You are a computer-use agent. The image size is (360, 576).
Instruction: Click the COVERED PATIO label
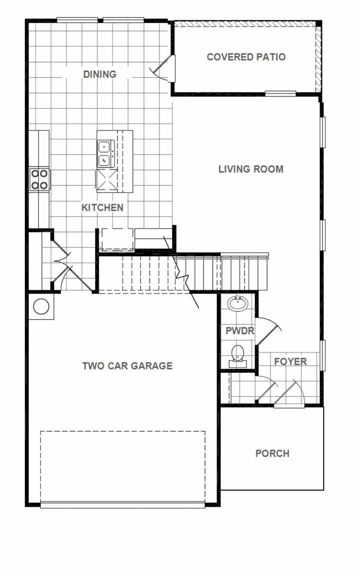coord(246,57)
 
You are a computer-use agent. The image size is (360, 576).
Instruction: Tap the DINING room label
coord(99,74)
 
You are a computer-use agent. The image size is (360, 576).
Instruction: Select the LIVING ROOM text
coord(250,169)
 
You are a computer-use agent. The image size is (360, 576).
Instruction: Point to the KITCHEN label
coord(102,207)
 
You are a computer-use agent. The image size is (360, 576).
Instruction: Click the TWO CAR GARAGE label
coord(127,366)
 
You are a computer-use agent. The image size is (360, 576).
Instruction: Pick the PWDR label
coord(239,331)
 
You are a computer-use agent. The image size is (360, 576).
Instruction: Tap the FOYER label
coord(290,361)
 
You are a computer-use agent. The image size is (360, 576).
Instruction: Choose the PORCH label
coord(272,453)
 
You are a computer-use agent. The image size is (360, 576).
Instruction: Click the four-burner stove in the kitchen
coord(39,179)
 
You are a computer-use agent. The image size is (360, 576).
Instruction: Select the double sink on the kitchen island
coord(104,153)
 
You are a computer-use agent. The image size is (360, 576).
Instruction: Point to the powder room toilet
coord(237,353)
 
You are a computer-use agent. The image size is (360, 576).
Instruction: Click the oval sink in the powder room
coord(238,303)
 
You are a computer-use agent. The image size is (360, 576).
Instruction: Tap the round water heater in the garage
coord(41,306)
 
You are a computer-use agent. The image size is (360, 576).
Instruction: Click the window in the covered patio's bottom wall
coord(280,93)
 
